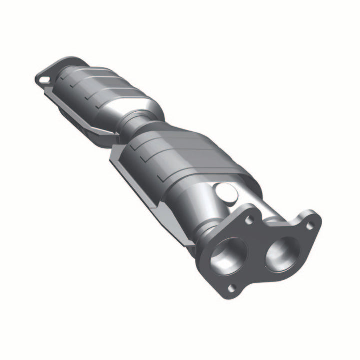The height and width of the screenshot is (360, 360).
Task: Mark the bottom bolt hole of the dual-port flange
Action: point(230,287)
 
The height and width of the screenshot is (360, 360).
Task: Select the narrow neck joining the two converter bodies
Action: point(134,125)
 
